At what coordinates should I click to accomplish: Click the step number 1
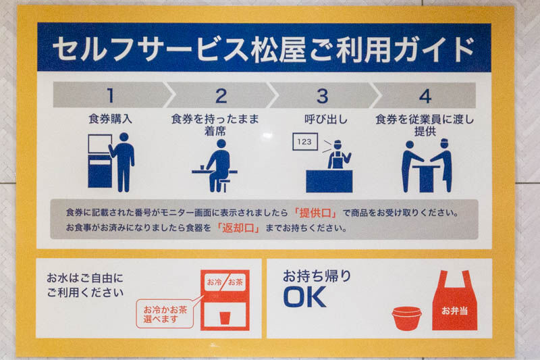tap(110, 95)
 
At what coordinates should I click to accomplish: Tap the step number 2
tap(221, 95)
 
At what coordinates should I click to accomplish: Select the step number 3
tap(323, 96)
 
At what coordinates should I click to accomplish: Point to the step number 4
tap(425, 96)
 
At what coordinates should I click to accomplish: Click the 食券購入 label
tap(110, 119)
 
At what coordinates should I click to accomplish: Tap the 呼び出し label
tap(326, 119)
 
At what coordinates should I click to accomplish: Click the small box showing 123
tap(305, 142)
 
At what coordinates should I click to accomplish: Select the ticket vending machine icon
tap(100, 161)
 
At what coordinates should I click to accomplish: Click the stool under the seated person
tap(224, 185)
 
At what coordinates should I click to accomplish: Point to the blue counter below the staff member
tap(329, 181)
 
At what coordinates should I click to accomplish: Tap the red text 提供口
tap(315, 213)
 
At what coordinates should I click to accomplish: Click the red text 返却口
tap(238, 228)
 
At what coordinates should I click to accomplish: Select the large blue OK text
tap(305, 297)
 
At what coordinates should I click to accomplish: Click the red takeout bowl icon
tap(407, 318)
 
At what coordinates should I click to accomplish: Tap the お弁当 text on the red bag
tap(454, 311)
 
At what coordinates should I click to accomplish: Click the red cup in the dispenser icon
tap(225, 317)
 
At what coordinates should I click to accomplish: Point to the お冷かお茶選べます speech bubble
tap(165, 314)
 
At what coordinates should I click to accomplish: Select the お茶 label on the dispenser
tap(236, 282)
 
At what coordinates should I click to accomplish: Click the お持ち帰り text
tap(317, 276)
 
